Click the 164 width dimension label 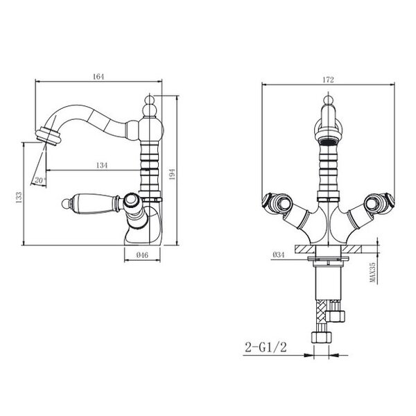[98, 77]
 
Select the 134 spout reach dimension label [102, 165]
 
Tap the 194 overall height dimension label [172, 174]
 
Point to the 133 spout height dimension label [19, 198]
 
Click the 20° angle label [40, 180]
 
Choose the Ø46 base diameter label [142, 255]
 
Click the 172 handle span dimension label [328, 80]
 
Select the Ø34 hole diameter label [278, 254]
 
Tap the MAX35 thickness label [373, 272]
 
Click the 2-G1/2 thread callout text [266, 347]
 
